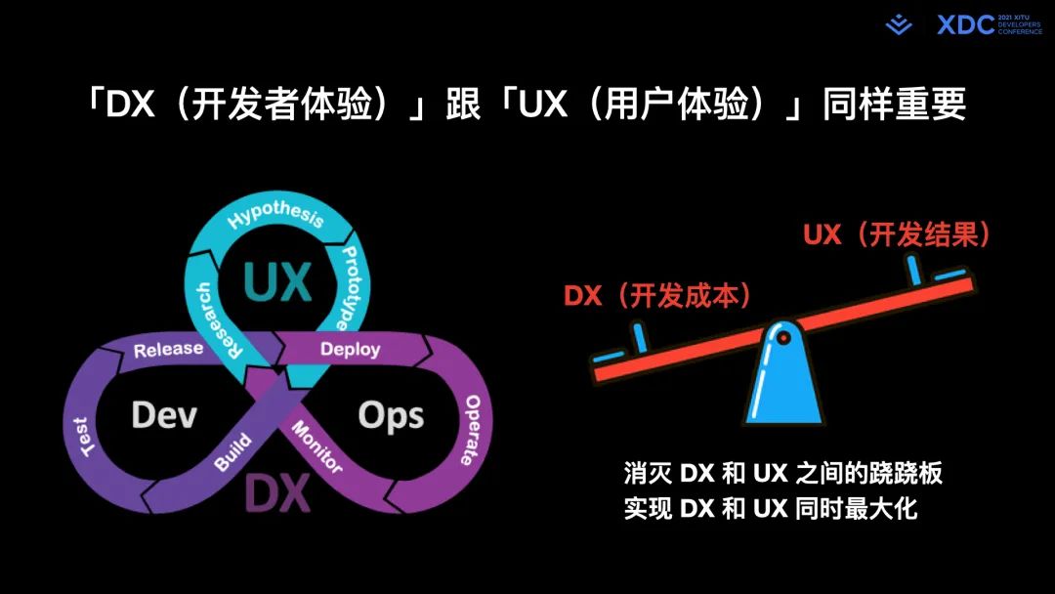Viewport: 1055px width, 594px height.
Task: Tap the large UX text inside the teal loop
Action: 277,280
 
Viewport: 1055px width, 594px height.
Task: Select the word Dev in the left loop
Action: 164,415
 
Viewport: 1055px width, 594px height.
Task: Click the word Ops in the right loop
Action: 391,416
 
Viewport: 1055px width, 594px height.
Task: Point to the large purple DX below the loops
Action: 276,493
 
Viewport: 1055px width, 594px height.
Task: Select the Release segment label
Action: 168,349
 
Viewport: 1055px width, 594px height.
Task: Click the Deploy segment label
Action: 350,349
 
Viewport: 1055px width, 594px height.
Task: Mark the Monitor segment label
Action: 316,447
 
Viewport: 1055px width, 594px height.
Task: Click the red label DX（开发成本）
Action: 657,295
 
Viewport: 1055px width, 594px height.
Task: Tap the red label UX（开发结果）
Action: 897,234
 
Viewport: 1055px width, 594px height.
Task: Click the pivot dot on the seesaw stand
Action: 781,337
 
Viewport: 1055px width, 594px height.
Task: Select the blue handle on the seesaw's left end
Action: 639,337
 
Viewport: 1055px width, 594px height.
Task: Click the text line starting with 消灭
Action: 782,473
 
